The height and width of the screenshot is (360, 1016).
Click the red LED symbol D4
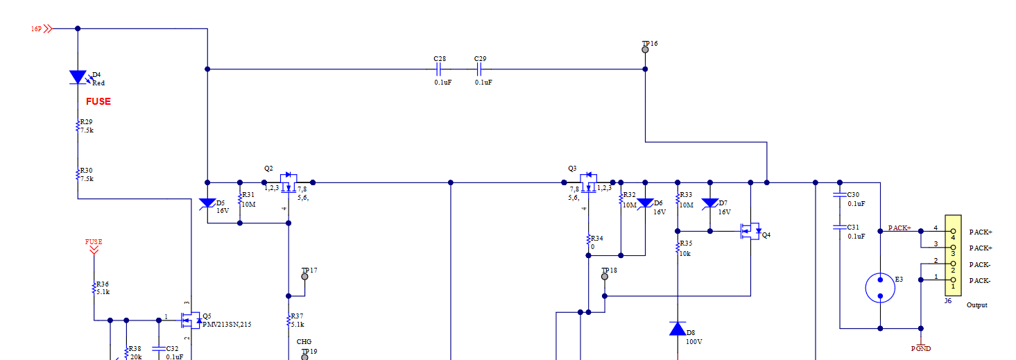pyautogui.click(x=78, y=77)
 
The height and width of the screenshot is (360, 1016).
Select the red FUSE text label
pyautogui.click(x=98, y=101)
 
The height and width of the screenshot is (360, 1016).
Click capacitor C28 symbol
pyautogui.click(x=439, y=69)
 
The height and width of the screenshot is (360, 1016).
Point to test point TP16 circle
pyautogui.click(x=645, y=51)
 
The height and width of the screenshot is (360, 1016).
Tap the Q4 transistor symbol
pyautogui.click(x=749, y=231)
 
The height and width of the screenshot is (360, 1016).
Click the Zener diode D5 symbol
pyautogui.click(x=207, y=203)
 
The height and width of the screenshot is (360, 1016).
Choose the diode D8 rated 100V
pyautogui.click(x=678, y=328)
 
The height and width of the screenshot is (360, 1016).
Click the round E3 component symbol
pyautogui.click(x=880, y=288)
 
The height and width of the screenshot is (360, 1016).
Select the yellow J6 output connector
pyautogui.click(x=953, y=256)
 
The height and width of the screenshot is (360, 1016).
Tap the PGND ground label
pyautogui.click(x=921, y=348)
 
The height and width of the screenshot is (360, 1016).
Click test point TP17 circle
pyautogui.click(x=304, y=276)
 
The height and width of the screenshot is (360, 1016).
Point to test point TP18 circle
pyautogui.click(x=604, y=276)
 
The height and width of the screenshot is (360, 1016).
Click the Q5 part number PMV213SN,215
pyautogui.click(x=222, y=324)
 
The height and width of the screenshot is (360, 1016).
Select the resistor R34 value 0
pyautogui.click(x=592, y=246)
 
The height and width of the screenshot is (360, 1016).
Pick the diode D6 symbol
pyautogui.click(x=645, y=203)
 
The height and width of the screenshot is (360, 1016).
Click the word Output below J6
pyautogui.click(x=976, y=305)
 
